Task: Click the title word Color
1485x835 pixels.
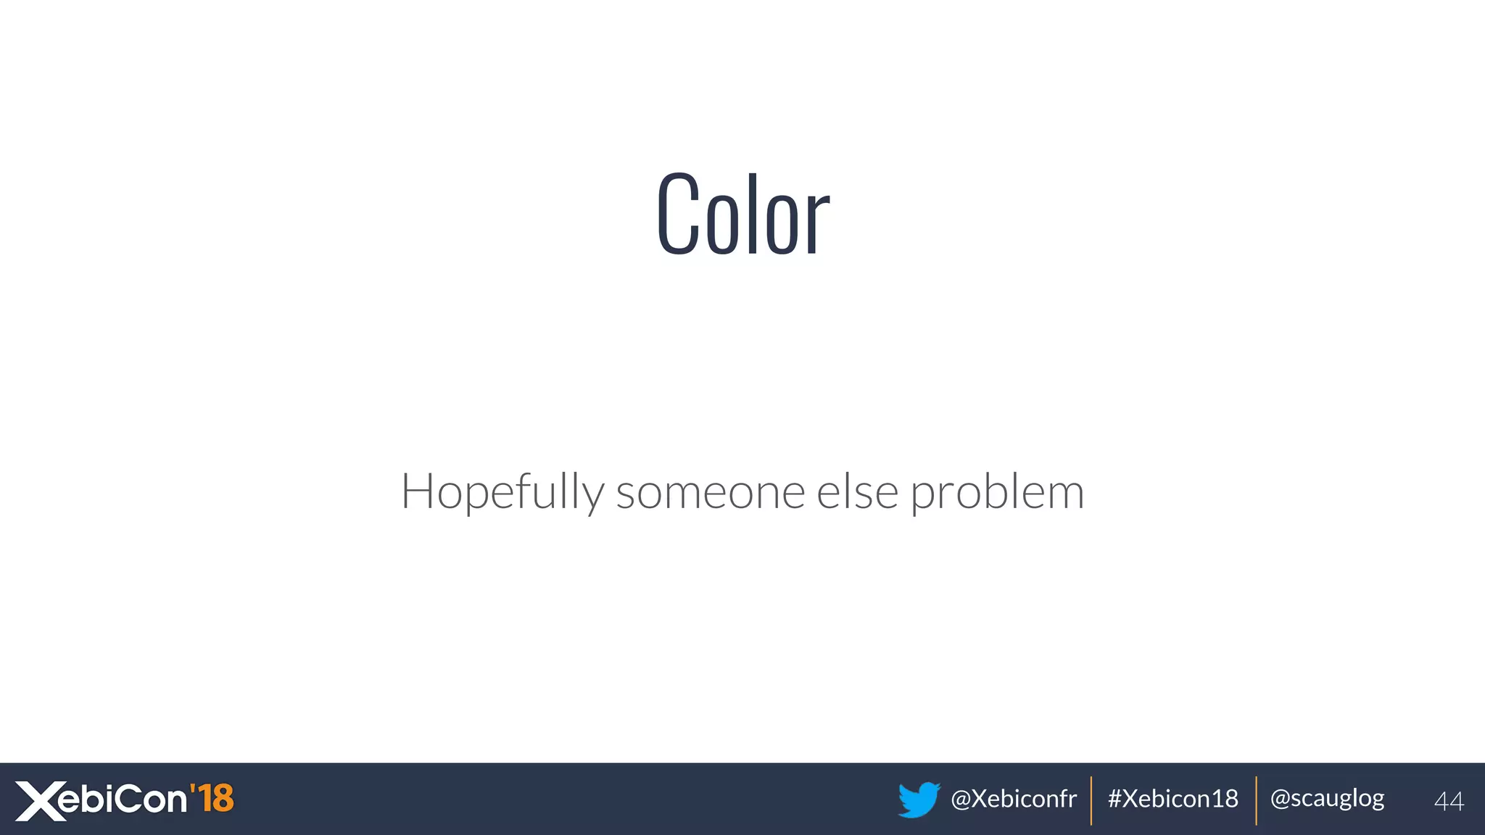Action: tap(742, 215)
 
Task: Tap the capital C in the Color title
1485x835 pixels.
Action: tap(679, 215)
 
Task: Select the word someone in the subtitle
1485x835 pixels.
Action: tap(710, 493)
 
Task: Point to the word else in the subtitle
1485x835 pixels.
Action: tap(858, 493)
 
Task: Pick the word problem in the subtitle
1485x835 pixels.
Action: tap(997, 493)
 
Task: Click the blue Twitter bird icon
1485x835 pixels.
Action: tap(919, 799)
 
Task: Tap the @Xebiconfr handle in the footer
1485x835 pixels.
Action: tap(1013, 799)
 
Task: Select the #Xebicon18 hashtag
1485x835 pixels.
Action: tap(1173, 799)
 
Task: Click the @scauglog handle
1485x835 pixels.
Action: tap(1327, 799)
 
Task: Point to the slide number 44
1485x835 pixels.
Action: tap(1449, 801)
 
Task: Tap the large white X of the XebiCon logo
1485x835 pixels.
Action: tap(41, 801)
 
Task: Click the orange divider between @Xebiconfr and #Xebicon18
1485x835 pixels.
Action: tap(1091, 800)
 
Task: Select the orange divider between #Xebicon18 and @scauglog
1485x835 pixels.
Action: tap(1256, 800)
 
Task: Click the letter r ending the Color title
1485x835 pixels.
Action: tap(817, 222)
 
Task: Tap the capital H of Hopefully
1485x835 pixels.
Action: tap(418, 491)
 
